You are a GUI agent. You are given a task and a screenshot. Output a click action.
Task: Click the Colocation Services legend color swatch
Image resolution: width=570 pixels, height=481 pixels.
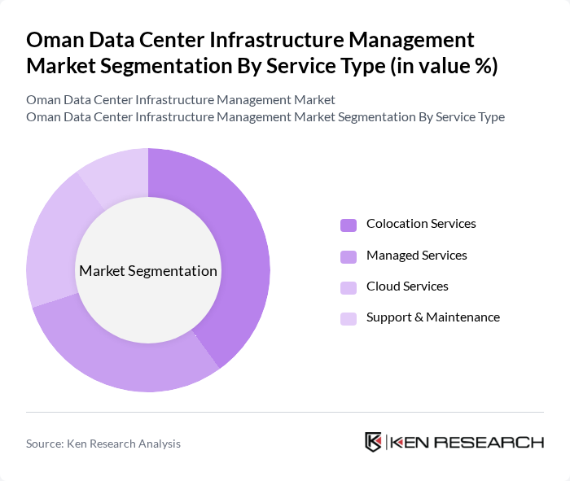tap(349, 225)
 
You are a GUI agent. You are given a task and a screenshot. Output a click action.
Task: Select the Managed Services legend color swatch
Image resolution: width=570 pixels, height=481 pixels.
tap(349, 256)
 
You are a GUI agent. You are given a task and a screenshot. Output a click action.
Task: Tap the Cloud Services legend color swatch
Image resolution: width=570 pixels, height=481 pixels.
tap(349, 287)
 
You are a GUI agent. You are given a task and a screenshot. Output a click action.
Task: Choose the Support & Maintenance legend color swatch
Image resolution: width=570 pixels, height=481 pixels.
tap(349, 318)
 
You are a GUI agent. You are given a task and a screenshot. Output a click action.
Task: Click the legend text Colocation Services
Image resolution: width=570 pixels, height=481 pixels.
tap(421, 224)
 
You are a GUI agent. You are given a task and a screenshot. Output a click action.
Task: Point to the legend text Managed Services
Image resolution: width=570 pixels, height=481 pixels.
tap(416, 256)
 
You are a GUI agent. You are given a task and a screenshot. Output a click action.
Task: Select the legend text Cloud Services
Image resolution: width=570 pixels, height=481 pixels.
tap(407, 286)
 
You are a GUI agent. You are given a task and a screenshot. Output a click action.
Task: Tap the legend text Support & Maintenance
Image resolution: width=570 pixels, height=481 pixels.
tap(432, 317)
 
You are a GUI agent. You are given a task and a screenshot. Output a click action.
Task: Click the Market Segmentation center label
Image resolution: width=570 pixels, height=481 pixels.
tap(148, 271)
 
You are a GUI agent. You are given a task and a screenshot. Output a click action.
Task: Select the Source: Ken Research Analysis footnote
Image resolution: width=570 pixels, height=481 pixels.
tap(103, 444)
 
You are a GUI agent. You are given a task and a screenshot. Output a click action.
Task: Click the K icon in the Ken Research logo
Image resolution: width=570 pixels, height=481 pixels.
tap(374, 442)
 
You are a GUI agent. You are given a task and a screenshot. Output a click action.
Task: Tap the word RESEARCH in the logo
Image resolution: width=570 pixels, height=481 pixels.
tap(497, 442)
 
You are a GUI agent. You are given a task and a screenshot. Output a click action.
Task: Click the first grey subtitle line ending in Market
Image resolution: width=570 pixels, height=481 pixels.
tap(181, 100)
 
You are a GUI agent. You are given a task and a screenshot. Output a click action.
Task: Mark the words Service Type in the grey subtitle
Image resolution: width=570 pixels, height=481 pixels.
tap(470, 117)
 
